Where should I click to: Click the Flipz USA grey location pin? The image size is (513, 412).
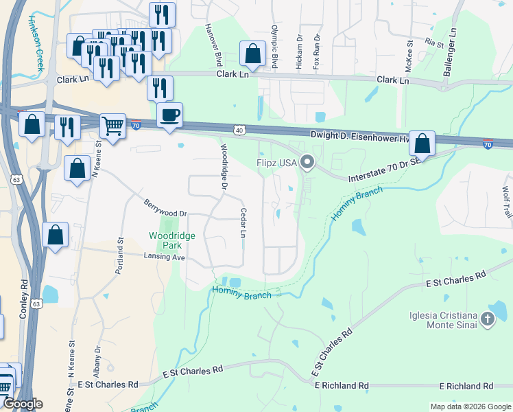click(x=307, y=163)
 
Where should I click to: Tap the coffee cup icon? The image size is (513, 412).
click(x=169, y=115)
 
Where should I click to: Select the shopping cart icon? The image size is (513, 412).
click(x=112, y=126)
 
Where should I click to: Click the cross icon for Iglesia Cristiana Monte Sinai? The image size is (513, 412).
click(x=487, y=319)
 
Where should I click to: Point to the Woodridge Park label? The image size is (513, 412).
click(x=172, y=240)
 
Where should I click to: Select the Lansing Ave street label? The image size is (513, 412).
click(x=165, y=257)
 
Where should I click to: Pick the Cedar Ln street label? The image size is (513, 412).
click(x=243, y=223)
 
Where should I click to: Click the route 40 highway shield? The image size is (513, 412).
click(x=238, y=129)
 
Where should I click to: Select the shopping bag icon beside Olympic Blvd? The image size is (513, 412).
click(x=252, y=53)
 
